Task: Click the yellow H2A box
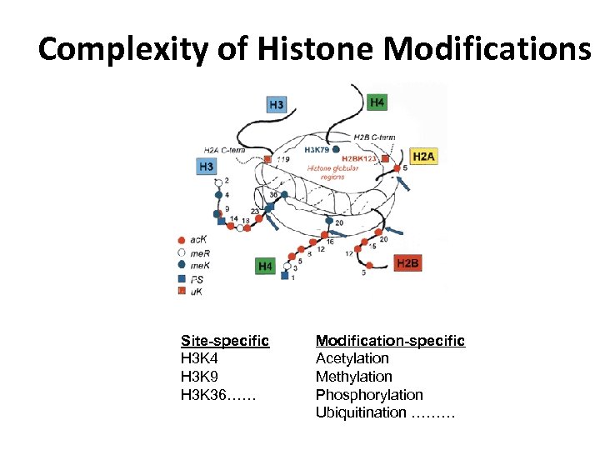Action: (423, 156)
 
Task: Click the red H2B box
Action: (408, 263)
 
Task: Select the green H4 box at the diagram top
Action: (377, 102)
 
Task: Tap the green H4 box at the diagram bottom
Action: (265, 266)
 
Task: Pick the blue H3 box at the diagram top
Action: (277, 104)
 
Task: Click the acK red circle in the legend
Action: (182, 239)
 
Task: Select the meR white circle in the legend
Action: (182, 252)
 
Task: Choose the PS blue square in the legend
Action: (182, 277)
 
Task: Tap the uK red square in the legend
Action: (182, 291)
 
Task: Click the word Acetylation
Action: (352, 358)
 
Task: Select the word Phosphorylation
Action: (368, 395)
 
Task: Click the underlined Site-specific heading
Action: (224, 340)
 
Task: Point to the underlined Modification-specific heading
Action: (389, 340)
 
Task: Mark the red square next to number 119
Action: (267, 159)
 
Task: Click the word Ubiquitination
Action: (360, 412)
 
